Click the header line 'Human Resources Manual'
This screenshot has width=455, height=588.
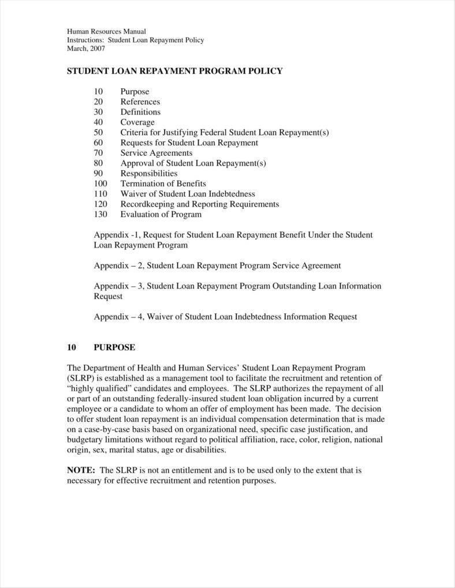tap(106, 31)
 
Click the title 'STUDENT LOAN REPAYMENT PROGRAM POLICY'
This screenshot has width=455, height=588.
tap(175, 71)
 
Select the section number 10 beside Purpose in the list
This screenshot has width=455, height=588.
tap(98, 92)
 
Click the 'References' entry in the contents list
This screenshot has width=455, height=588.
tap(140, 102)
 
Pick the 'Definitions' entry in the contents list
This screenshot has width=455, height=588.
tap(140, 112)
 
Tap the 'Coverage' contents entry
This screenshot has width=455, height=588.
tap(137, 122)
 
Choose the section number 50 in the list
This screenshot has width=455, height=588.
tap(98, 133)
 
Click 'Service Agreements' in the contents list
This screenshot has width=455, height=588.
tap(156, 153)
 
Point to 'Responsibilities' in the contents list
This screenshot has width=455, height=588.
tap(148, 173)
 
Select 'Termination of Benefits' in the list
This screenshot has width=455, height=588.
tap(163, 183)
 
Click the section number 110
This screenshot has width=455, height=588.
tap(100, 194)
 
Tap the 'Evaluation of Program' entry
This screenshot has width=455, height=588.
tap(161, 215)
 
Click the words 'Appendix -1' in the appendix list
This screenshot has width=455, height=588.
tap(115, 235)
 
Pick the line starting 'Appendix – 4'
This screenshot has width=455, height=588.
tap(225, 316)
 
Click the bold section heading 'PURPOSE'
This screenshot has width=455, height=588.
tap(114, 347)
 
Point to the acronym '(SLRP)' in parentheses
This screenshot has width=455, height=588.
tap(81, 378)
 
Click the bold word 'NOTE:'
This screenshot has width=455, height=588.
tap(81, 470)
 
